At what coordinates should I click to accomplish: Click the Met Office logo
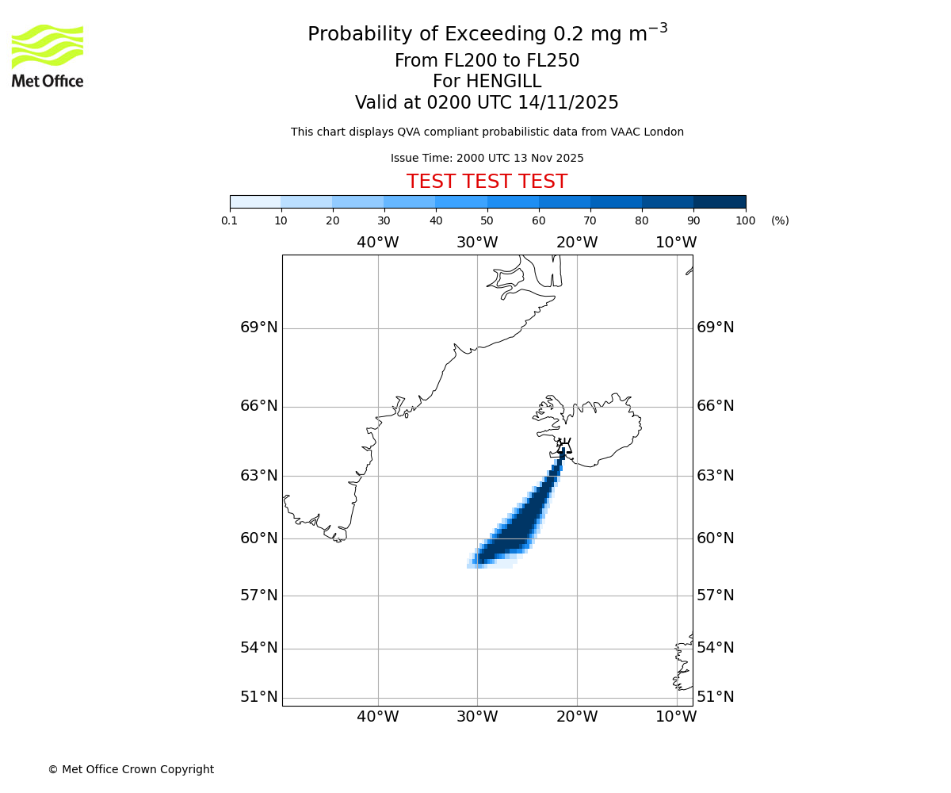[48, 56]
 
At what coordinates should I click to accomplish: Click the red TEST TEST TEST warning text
[487, 182]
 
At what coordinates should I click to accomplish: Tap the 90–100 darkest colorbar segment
[720, 202]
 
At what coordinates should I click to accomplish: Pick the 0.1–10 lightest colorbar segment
[255, 202]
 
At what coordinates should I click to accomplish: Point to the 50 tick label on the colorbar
[487, 221]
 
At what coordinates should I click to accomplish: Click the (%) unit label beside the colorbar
[780, 221]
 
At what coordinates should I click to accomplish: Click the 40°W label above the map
[377, 243]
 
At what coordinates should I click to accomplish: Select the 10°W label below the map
[676, 717]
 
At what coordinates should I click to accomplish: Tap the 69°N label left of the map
[259, 328]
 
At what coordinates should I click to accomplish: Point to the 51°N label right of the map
[716, 697]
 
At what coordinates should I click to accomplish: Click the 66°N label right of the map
[716, 406]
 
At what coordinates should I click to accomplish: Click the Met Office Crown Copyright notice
[131, 769]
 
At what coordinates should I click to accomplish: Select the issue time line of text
[487, 159]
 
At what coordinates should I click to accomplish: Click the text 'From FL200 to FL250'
[487, 61]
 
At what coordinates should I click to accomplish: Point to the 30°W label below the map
[477, 717]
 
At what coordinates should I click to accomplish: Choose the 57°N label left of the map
[259, 596]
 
